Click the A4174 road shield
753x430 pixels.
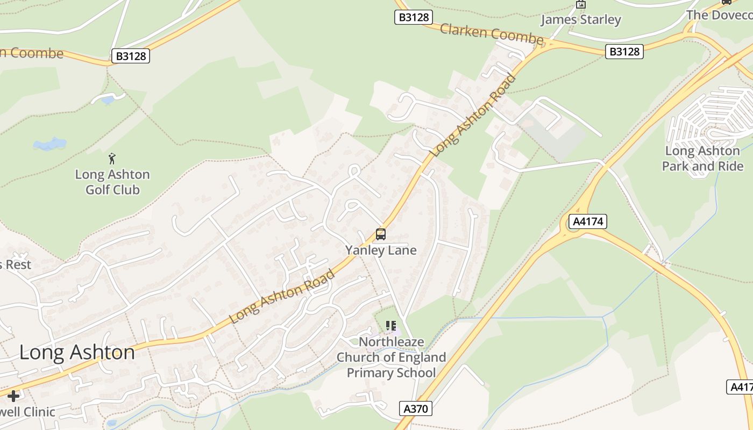pos(588,221)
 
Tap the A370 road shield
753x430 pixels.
pos(416,408)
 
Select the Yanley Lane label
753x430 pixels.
pos(381,250)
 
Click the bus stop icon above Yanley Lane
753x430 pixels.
pos(381,234)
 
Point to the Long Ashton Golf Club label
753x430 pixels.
pos(112,182)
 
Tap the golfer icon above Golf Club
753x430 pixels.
pos(112,159)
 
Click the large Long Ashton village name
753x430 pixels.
pos(77,353)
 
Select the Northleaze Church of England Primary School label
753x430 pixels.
pos(391,357)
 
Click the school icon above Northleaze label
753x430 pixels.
pos(391,326)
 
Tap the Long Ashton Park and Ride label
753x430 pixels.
pos(702,159)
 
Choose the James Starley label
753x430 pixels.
pos(581,20)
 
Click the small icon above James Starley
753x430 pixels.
pos(581,5)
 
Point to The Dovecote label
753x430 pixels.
pos(719,15)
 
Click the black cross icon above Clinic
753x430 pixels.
pos(13,396)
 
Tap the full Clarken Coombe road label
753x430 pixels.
pos(492,34)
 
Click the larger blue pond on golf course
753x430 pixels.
pos(49,144)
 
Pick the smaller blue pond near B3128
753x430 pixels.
pos(108,100)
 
